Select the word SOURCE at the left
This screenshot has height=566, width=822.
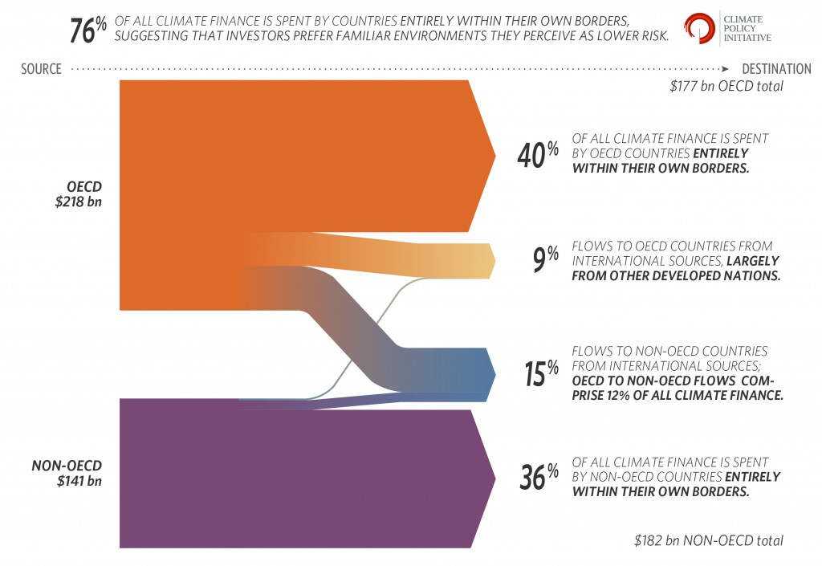click(41, 69)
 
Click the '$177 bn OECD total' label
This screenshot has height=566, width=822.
click(726, 86)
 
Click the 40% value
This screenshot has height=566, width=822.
click(537, 154)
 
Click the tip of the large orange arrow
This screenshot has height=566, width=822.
click(494, 155)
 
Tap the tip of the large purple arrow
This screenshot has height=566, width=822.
click(494, 479)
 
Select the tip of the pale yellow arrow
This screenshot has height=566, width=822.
click(494, 261)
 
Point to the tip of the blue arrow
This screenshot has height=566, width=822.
click(494, 374)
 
